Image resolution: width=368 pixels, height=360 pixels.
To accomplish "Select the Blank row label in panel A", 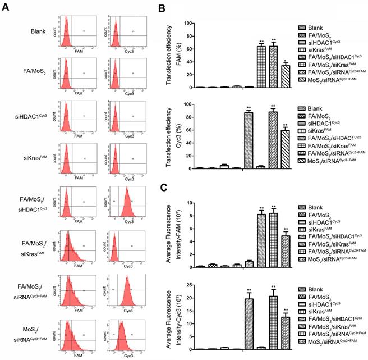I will pyautogui.click(x=38, y=24).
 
